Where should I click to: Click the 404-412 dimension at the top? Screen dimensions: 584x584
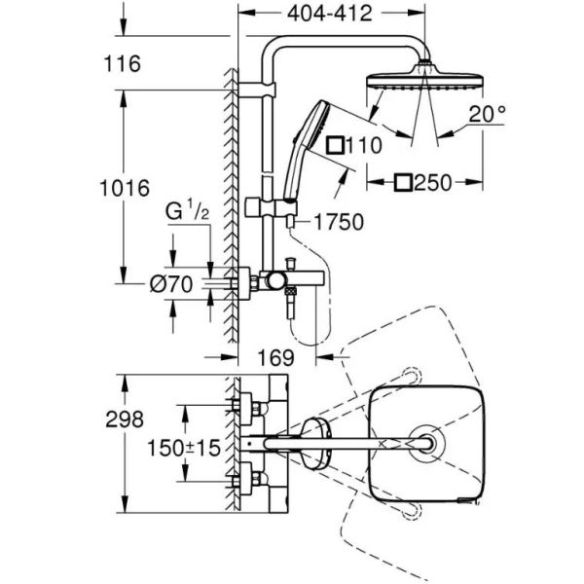pyautogui.click(x=330, y=14)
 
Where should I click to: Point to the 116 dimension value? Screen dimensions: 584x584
pyautogui.click(x=123, y=63)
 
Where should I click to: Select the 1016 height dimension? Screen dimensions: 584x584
pyautogui.click(x=125, y=188)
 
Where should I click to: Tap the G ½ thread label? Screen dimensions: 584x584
pyautogui.click(x=187, y=211)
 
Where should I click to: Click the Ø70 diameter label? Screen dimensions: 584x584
pyautogui.click(x=171, y=284)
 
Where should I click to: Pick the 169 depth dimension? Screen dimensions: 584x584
pyautogui.click(x=276, y=357)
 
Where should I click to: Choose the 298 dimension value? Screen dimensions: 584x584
pyautogui.click(x=125, y=420)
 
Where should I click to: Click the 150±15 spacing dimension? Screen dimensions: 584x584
pyautogui.click(x=184, y=448)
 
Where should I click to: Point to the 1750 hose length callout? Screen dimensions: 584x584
pyautogui.click(x=339, y=222)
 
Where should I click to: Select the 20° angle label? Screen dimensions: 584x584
pyautogui.click(x=488, y=114)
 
